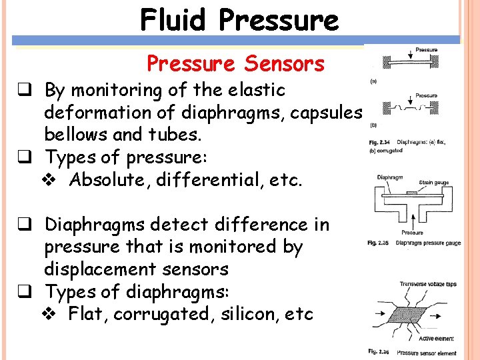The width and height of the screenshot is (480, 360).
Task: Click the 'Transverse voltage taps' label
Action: [428, 284]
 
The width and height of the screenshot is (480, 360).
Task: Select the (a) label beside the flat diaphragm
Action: [373, 81]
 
